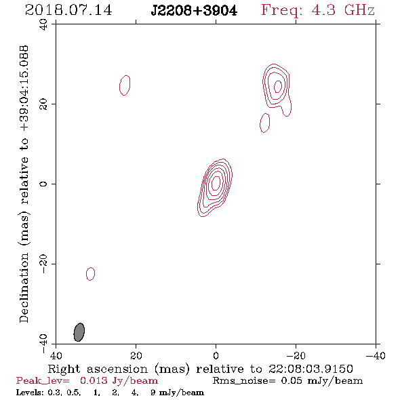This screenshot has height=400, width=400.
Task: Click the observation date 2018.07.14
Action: [68, 10]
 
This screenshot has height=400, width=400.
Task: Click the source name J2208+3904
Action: [194, 11]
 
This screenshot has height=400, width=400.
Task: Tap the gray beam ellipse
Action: [79, 332]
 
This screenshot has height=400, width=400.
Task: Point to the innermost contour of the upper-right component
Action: [278, 86]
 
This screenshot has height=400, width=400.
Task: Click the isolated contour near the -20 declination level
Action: [91, 274]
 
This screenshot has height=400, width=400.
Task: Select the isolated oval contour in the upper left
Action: [125, 85]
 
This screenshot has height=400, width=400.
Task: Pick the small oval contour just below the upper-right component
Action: [265, 123]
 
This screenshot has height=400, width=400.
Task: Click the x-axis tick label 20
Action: [136, 356]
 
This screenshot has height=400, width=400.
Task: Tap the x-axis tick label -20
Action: [296, 356]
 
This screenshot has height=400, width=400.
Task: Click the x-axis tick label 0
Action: [216, 356]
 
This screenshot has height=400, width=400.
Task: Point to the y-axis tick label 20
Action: [43, 104]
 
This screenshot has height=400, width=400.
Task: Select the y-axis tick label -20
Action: [43, 264]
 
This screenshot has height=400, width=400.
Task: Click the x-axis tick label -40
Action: [376, 356]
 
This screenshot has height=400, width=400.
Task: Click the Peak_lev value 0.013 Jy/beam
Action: [119, 380]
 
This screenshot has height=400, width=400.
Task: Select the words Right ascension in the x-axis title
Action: [98, 369]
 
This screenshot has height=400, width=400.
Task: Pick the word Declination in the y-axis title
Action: [24, 287]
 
